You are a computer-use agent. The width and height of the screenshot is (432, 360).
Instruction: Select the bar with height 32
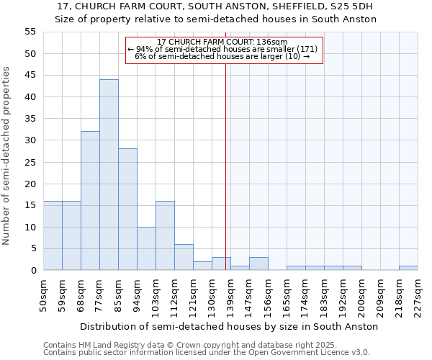point(90,201)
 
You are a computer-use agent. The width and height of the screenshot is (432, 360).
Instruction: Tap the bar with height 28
point(127,210)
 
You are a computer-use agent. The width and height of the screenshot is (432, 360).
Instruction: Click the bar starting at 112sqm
point(184,257)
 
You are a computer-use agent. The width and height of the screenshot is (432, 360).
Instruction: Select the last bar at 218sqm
point(408,268)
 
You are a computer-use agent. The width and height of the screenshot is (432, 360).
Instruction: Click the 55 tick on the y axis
point(30,32)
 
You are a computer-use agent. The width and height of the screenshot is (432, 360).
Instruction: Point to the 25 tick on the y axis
point(30,162)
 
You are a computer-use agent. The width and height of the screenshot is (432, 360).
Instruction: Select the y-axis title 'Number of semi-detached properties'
point(7,156)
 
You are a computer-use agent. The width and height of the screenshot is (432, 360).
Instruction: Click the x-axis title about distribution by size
point(229,326)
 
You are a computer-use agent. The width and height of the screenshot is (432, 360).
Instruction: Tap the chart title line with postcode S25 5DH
point(216,6)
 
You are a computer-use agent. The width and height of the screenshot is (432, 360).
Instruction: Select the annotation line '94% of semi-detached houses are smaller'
point(223,49)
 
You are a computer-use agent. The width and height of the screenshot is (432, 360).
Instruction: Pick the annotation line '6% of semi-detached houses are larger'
point(223,56)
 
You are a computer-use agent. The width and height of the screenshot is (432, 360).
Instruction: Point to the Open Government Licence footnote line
point(207,353)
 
